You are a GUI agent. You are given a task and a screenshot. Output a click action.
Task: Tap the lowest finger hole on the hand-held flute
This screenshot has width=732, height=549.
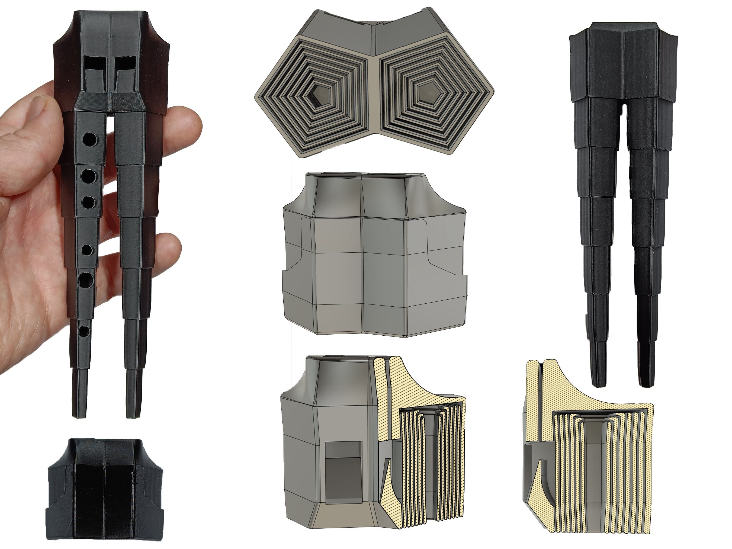click(x=84, y=331)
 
